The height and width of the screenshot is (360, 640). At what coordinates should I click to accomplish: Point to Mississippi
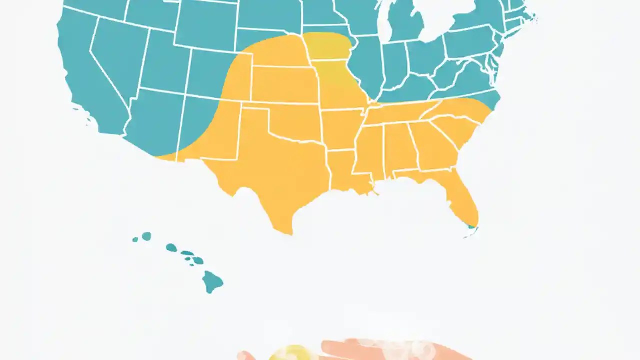tap(369, 150)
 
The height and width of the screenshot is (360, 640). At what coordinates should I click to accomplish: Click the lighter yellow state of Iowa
tap(327, 47)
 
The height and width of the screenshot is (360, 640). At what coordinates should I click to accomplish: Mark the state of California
tap(85, 75)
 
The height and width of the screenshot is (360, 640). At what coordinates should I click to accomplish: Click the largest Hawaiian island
tap(212, 282)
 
